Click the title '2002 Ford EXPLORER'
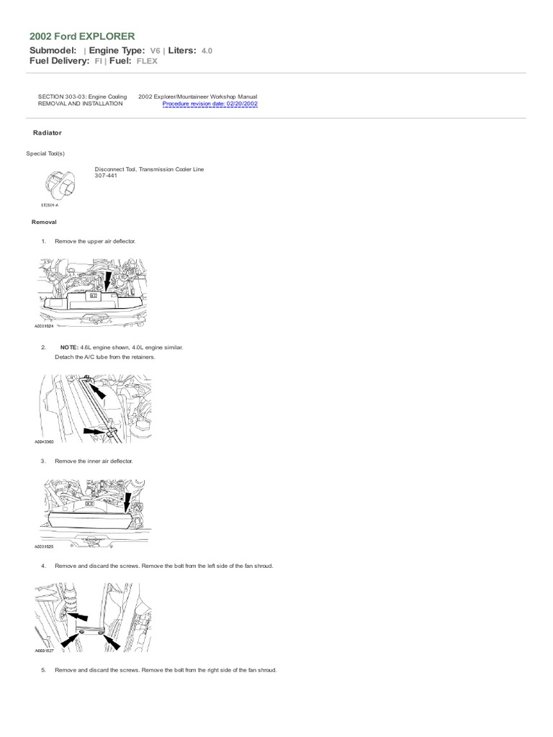click(x=81, y=36)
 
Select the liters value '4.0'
click(x=206, y=50)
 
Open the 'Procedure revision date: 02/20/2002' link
click(x=210, y=104)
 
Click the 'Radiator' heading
click(x=48, y=133)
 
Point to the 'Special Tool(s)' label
click(x=45, y=153)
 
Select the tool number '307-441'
click(x=106, y=176)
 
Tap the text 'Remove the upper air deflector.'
click(x=95, y=240)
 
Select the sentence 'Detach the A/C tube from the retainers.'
click(x=105, y=357)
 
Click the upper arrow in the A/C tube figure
click(x=98, y=388)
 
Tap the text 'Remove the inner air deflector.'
click(x=94, y=461)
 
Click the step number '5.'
click(x=44, y=670)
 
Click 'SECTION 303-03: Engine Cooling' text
click(x=82, y=96)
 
